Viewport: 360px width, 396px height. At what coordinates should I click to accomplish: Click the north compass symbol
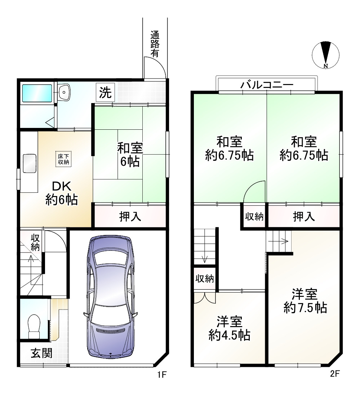(x=326, y=55)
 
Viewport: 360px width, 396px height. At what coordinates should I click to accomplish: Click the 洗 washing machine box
(x=106, y=93)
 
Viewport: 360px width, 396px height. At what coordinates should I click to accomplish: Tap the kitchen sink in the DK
(x=30, y=163)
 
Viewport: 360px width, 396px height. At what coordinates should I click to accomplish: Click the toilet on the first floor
(x=35, y=325)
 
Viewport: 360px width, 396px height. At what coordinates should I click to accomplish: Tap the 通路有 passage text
(x=155, y=44)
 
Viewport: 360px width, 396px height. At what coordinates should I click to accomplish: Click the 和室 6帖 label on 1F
(x=130, y=155)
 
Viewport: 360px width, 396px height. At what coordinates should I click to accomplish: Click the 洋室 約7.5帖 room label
(x=305, y=301)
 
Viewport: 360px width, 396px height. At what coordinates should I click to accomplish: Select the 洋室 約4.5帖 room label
(x=230, y=328)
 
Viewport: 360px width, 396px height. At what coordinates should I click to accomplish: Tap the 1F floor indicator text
(x=161, y=375)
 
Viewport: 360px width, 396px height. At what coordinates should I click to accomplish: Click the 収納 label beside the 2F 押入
(x=254, y=217)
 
